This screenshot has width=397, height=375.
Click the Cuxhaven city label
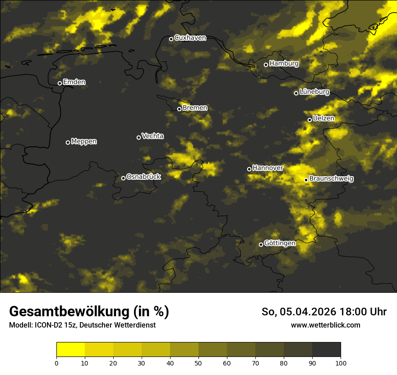tap(190, 38)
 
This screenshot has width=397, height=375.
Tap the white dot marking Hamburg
tap(266, 65)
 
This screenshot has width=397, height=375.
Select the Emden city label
tap(74, 82)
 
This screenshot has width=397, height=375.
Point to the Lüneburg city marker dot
tap(296, 93)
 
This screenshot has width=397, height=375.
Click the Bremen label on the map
tap(195, 108)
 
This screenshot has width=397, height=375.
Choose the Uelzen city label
tap(323, 119)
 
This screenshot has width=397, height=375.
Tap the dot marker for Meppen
tap(68, 142)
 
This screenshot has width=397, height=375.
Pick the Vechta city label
tap(152, 136)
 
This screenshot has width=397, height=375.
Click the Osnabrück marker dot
tap(123, 178)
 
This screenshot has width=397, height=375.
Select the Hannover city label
tap(268, 168)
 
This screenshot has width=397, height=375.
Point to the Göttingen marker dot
tap(261, 244)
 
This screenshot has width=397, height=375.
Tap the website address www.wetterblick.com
tap(325, 325)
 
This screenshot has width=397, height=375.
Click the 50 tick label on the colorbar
tap(198, 363)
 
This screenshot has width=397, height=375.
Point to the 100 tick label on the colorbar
tap(341, 363)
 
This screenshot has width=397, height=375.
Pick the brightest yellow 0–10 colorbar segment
tap(70, 350)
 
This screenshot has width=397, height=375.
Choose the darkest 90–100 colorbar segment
tap(326, 350)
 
